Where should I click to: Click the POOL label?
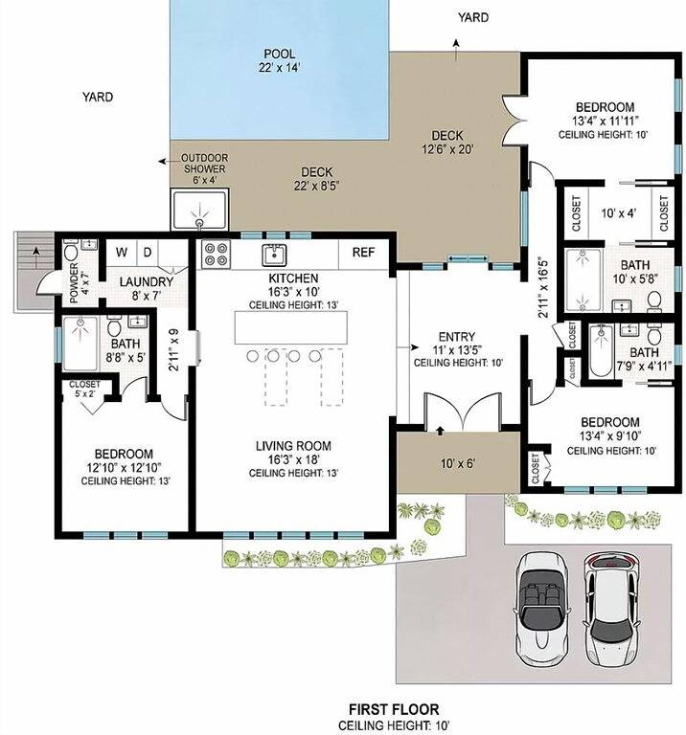point(279,54)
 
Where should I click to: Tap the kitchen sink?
point(274,255)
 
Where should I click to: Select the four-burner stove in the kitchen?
point(217,254)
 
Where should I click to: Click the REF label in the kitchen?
point(364,253)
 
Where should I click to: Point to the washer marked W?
point(122,253)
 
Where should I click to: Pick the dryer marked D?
point(148,253)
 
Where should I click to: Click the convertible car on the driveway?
point(544,608)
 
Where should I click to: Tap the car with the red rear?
point(611,609)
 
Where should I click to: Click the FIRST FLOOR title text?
point(394,709)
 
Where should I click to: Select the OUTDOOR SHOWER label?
point(205,163)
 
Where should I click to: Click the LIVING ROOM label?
point(293,445)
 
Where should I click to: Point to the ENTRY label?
point(457,337)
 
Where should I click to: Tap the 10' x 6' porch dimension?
point(457,463)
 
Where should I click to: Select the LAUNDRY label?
point(147,281)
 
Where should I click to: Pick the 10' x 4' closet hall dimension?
point(618,213)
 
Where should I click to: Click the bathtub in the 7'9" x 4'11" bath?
point(601,350)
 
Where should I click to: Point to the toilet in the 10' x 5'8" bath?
point(654,300)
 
